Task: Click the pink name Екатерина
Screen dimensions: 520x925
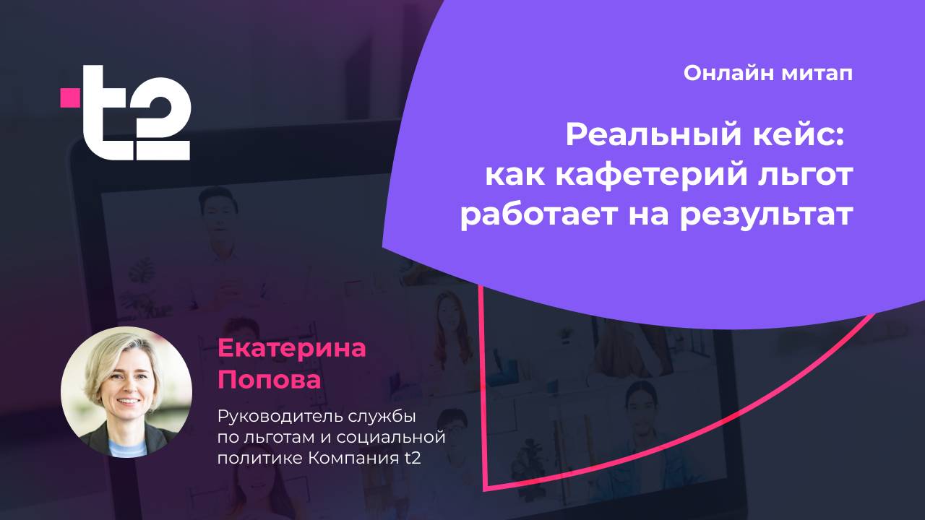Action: pos(292,349)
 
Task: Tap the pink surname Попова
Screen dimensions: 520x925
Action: pos(269,380)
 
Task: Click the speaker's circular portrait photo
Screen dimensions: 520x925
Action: pos(126,392)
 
